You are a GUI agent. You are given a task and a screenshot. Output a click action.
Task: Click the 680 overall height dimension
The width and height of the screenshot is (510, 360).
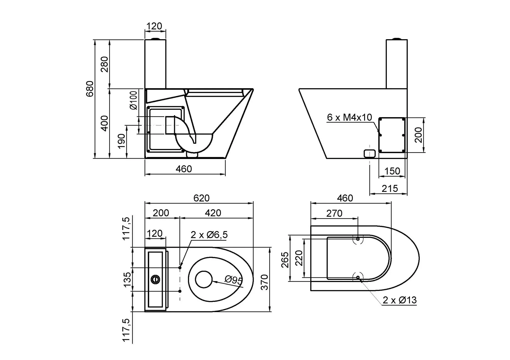click(90, 89)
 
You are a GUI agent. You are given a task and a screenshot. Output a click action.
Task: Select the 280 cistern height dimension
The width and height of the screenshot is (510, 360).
click(105, 64)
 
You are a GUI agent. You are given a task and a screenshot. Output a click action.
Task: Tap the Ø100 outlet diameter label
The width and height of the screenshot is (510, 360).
click(134, 100)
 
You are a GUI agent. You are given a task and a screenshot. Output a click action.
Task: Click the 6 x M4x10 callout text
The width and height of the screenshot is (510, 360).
click(349, 117)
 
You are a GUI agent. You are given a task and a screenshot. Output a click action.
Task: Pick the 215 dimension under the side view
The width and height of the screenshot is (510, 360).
click(390, 189)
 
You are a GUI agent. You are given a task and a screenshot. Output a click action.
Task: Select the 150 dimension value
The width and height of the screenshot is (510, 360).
click(392, 171)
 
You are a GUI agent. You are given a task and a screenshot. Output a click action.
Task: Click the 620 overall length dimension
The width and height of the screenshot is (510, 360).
click(201, 198)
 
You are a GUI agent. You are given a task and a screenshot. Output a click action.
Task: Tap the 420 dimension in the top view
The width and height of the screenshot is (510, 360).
click(213, 213)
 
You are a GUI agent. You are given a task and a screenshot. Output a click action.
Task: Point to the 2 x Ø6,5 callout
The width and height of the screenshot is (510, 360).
click(209, 235)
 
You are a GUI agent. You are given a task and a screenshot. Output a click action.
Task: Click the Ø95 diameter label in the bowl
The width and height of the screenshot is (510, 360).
click(233, 280)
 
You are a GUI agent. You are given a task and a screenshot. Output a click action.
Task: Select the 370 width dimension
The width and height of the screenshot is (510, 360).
click(265, 282)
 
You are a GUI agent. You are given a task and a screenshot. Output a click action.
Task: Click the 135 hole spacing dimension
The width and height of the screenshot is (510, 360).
click(127, 279)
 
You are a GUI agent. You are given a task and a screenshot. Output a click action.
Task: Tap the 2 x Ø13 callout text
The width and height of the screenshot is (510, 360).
click(400, 300)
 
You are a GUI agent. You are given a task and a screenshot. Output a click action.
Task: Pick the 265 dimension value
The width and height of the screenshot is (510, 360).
click(285, 260)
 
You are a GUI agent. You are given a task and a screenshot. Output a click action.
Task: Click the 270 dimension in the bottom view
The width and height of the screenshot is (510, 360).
click(334, 214)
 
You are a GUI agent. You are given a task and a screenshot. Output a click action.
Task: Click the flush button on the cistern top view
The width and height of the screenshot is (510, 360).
click(155, 279)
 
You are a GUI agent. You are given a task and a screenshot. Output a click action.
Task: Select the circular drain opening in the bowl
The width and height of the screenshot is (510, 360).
click(204, 279)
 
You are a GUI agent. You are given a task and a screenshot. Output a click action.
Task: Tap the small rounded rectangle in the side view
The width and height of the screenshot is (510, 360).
click(369, 153)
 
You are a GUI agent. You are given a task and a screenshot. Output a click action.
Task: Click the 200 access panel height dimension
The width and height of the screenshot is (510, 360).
click(418, 135)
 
